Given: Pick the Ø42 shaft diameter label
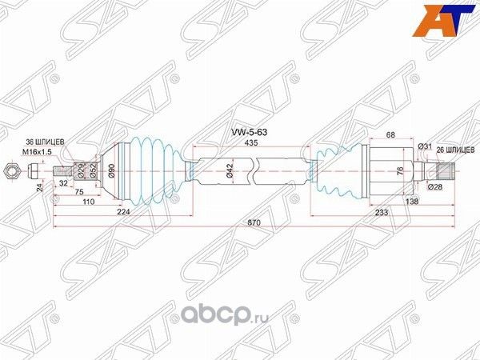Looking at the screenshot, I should (229, 170).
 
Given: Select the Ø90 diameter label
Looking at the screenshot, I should (111, 170).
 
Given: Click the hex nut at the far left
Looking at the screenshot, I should (11, 170).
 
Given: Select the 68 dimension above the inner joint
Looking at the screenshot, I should (390, 135).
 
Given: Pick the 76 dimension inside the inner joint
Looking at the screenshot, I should (399, 170).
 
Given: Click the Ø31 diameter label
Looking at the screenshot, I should (425, 146).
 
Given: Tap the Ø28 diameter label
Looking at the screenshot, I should (434, 187).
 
